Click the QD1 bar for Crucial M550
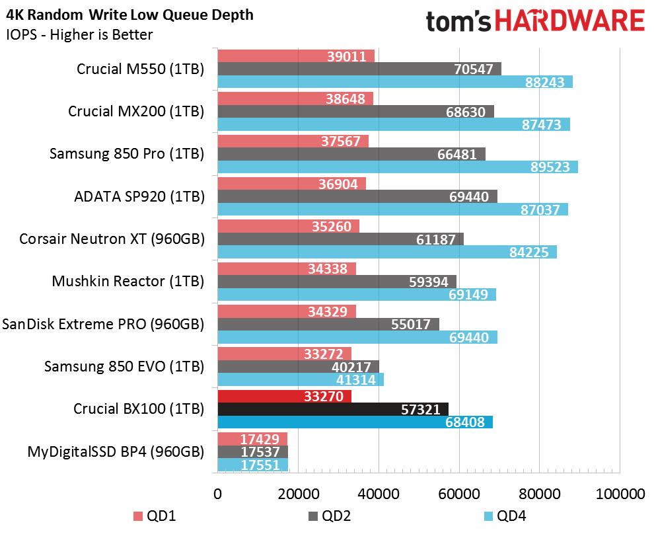tap(296, 56)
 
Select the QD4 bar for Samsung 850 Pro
tap(398, 167)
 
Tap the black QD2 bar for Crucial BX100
tap(333, 409)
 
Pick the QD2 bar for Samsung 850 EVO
tap(298, 366)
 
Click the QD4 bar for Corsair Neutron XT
tap(387, 252)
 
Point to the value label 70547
tap(474, 69)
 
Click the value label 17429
tap(260, 439)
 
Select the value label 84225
tap(529, 252)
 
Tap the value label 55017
tap(411, 325)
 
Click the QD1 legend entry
tap(155, 516)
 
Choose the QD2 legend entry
tap(330, 516)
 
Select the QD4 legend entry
tap(505, 516)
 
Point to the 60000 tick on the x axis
tap(459, 494)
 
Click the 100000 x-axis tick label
tap(620, 494)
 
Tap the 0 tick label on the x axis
tap(218, 494)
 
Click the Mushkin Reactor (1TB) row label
tap(128, 282)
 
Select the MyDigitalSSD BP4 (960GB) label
tap(116, 451)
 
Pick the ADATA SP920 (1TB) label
tap(139, 196)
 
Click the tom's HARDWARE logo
tap(536, 21)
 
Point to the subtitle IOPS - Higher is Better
tap(79, 34)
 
